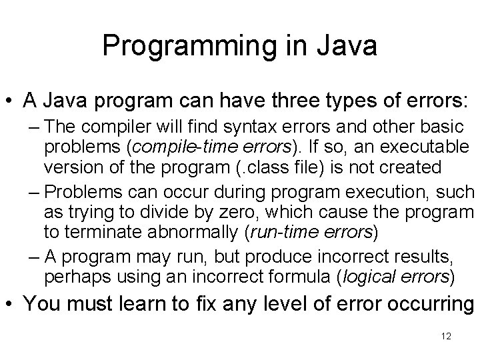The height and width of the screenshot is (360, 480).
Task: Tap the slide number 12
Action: pos(446,335)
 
